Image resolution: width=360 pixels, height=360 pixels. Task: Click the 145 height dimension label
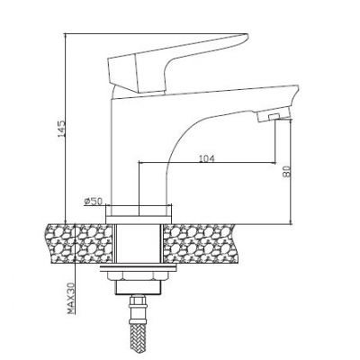click(x=61, y=129)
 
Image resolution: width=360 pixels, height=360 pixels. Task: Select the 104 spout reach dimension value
click(x=207, y=158)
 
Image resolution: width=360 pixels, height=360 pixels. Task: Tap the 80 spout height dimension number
click(x=287, y=171)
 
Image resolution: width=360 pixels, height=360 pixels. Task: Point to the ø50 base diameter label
click(x=94, y=201)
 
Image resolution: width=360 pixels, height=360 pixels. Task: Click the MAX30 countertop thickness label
click(x=71, y=298)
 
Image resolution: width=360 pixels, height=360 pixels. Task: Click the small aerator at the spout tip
click(x=274, y=116)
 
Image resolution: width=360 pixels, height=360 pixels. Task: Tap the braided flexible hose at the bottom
click(x=138, y=332)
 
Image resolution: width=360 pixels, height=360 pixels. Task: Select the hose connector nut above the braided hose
click(x=138, y=301)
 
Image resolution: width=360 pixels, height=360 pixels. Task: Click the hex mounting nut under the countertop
click(x=138, y=275)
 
